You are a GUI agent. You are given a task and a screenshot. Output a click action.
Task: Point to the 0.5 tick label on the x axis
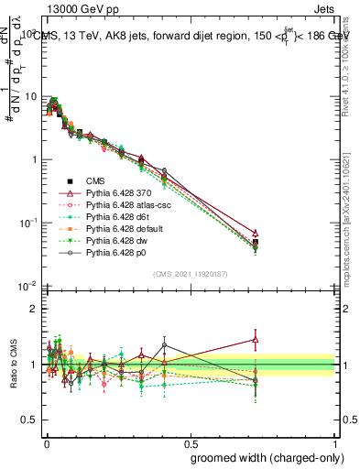(191, 442)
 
